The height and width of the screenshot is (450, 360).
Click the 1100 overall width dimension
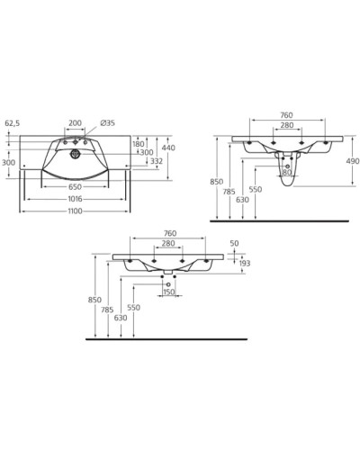tap(75, 211)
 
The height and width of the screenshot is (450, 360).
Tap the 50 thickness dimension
tap(236, 243)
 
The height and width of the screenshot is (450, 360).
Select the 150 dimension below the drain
tap(168, 292)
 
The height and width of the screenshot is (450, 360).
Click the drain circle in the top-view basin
tap(76, 154)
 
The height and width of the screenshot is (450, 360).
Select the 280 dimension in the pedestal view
tap(285, 124)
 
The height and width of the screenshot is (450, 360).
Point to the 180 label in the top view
tap(138, 143)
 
